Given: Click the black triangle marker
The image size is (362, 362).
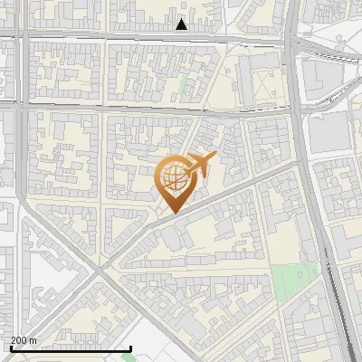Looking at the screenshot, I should pyautogui.click(x=182, y=24).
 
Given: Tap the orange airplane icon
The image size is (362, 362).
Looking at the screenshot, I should pyautogui.click(x=198, y=166).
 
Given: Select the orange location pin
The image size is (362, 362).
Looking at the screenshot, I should pyautogui.click(x=173, y=184).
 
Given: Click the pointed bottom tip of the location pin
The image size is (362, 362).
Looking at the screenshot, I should pyautogui.click(x=173, y=213).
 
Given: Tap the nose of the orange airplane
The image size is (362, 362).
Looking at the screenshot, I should pyautogui.click(x=214, y=156).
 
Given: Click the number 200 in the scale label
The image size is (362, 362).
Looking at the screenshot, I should pyautogui.click(x=20, y=340).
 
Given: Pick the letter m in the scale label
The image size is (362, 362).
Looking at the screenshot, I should pyautogui.click(x=34, y=340).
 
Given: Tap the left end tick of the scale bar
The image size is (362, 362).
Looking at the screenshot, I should pyautogui.click(x=11, y=346).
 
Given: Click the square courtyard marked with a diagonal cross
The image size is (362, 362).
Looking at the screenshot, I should pyautogui.click(x=263, y=87).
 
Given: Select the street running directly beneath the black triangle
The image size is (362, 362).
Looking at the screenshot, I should pyautogui.click(x=182, y=37).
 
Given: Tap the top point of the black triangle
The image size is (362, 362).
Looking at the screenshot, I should pyautogui.click(x=182, y=18).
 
